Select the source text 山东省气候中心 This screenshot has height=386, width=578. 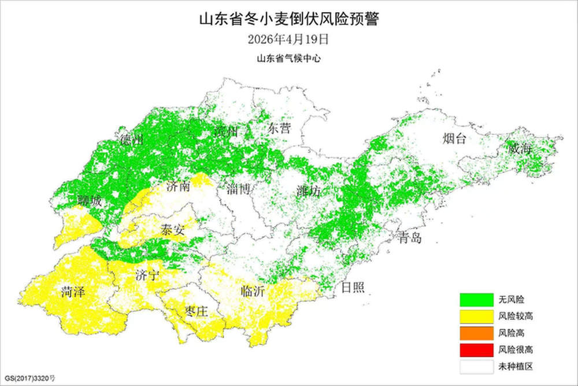(x=288, y=58)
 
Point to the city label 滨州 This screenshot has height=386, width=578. (x=225, y=131)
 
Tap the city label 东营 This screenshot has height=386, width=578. (x=279, y=128)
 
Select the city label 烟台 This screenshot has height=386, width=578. (x=454, y=138)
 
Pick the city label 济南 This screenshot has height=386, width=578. (x=177, y=186)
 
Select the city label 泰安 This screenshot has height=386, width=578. (x=173, y=230)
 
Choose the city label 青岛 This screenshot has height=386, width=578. (x=410, y=238)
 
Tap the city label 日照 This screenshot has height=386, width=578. (x=353, y=288)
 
